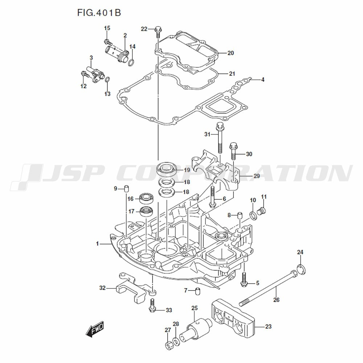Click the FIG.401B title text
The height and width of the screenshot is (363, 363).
coord(99,13)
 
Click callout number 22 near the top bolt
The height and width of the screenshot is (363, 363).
coord(144,29)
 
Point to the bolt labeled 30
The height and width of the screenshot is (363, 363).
coord(233,152)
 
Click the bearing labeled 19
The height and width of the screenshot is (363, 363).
coord(167,169)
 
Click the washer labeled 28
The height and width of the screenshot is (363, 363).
coord(176,341)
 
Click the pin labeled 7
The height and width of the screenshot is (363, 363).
coord(198,290)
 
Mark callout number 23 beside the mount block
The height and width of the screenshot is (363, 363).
coord(268,327)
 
